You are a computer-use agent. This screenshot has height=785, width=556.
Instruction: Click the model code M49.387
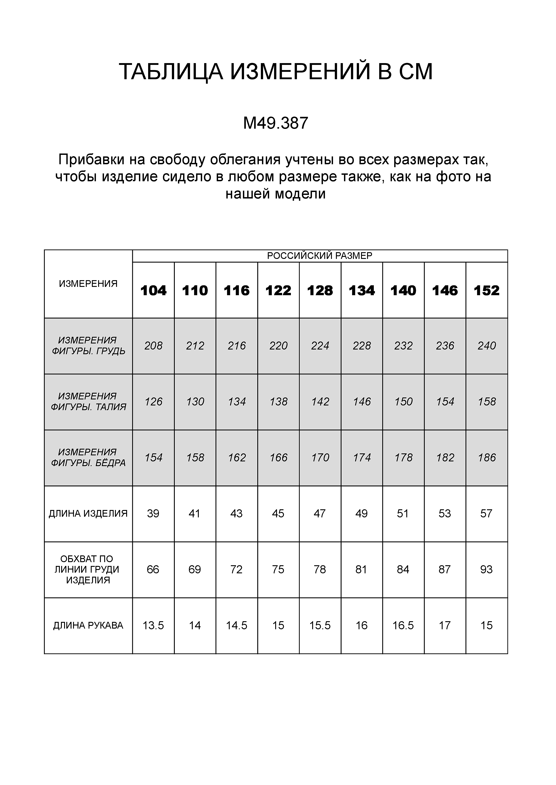pos(276,124)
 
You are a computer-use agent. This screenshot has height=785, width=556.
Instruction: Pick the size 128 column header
pos(320,291)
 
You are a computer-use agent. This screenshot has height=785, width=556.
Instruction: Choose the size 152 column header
pos(487,291)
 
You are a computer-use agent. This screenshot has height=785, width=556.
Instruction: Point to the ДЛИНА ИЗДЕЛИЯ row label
pos(88,514)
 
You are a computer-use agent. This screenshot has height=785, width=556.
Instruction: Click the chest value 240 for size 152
pos(487,346)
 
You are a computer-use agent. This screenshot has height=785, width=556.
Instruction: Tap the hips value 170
pos(320,458)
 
